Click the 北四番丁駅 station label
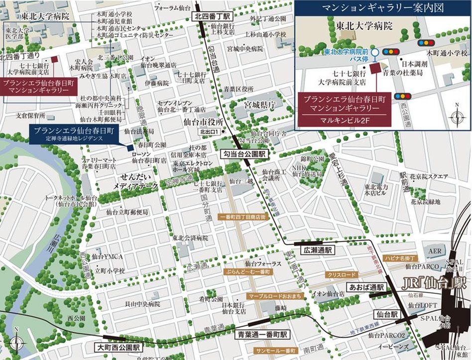point(209,17)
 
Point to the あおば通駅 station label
point(366,287)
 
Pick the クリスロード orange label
point(342,274)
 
